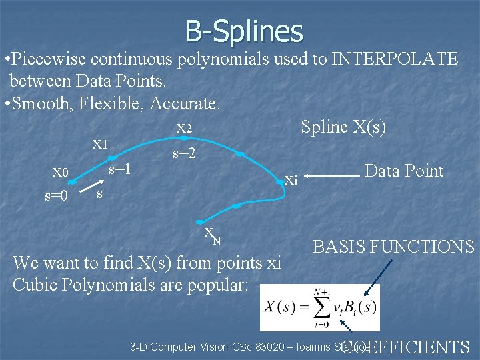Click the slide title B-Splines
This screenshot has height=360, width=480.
click(244, 31)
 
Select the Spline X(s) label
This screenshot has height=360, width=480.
click(343, 127)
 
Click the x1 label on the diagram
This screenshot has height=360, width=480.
click(100, 143)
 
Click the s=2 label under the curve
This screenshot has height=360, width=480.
click(184, 153)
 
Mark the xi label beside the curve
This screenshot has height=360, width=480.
click(291, 179)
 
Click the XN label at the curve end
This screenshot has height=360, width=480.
click(213, 235)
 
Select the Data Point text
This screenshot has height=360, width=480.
click(404, 171)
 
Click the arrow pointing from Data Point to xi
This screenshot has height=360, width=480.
click(335, 176)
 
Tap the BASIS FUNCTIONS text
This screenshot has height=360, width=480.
click(393, 247)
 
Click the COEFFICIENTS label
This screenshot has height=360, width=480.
click(405, 347)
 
